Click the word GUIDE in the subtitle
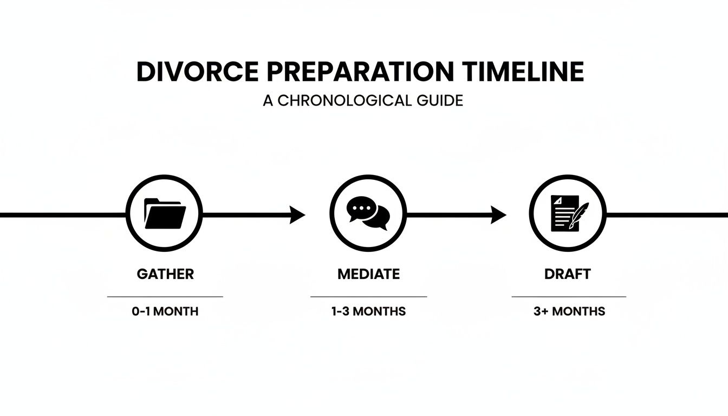(x=440, y=101)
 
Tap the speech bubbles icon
(x=368, y=214)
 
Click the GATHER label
(x=165, y=274)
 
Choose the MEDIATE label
(x=368, y=274)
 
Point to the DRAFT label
(x=567, y=274)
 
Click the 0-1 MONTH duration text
(x=165, y=311)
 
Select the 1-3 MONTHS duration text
(x=368, y=311)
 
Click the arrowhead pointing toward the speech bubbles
(x=297, y=214)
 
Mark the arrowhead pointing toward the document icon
(x=498, y=214)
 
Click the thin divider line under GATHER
(x=165, y=297)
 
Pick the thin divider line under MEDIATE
(x=368, y=297)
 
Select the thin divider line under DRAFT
(x=569, y=297)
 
